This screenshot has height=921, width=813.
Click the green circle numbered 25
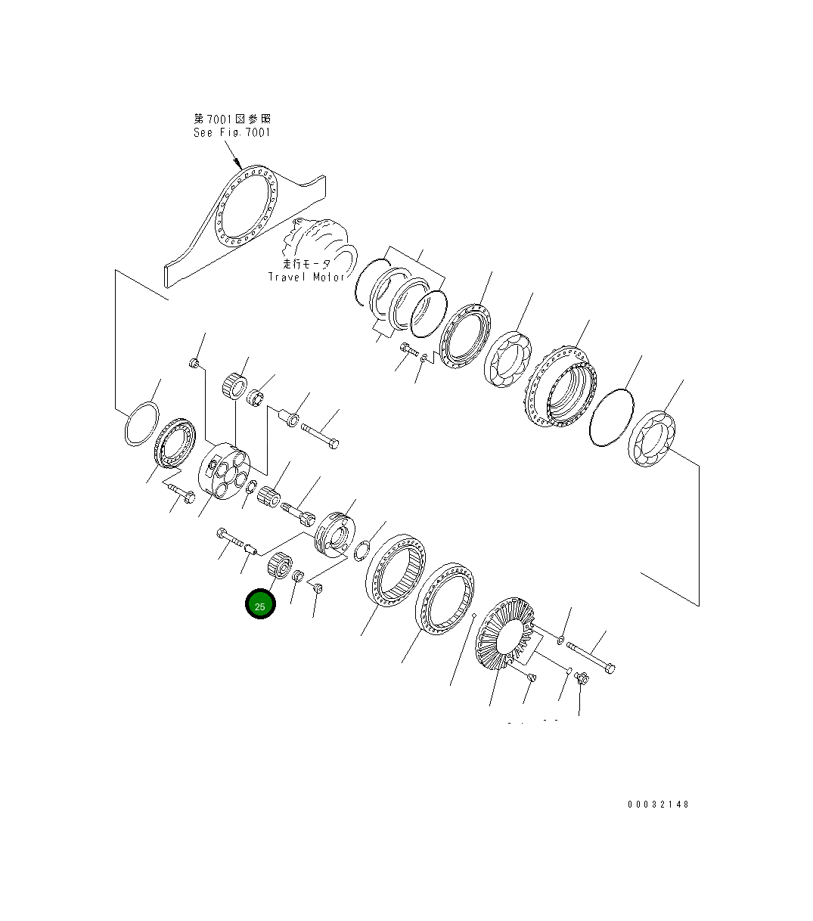point(260,603)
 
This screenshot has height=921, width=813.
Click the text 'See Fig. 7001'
point(232,133)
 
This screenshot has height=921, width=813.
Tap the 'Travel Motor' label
point(306,277)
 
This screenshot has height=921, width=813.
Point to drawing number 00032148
point(658,804)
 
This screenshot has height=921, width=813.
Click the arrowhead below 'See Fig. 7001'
point(237,163)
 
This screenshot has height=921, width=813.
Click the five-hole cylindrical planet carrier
point(224,471)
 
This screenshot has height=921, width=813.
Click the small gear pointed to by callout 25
point(279,566)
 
